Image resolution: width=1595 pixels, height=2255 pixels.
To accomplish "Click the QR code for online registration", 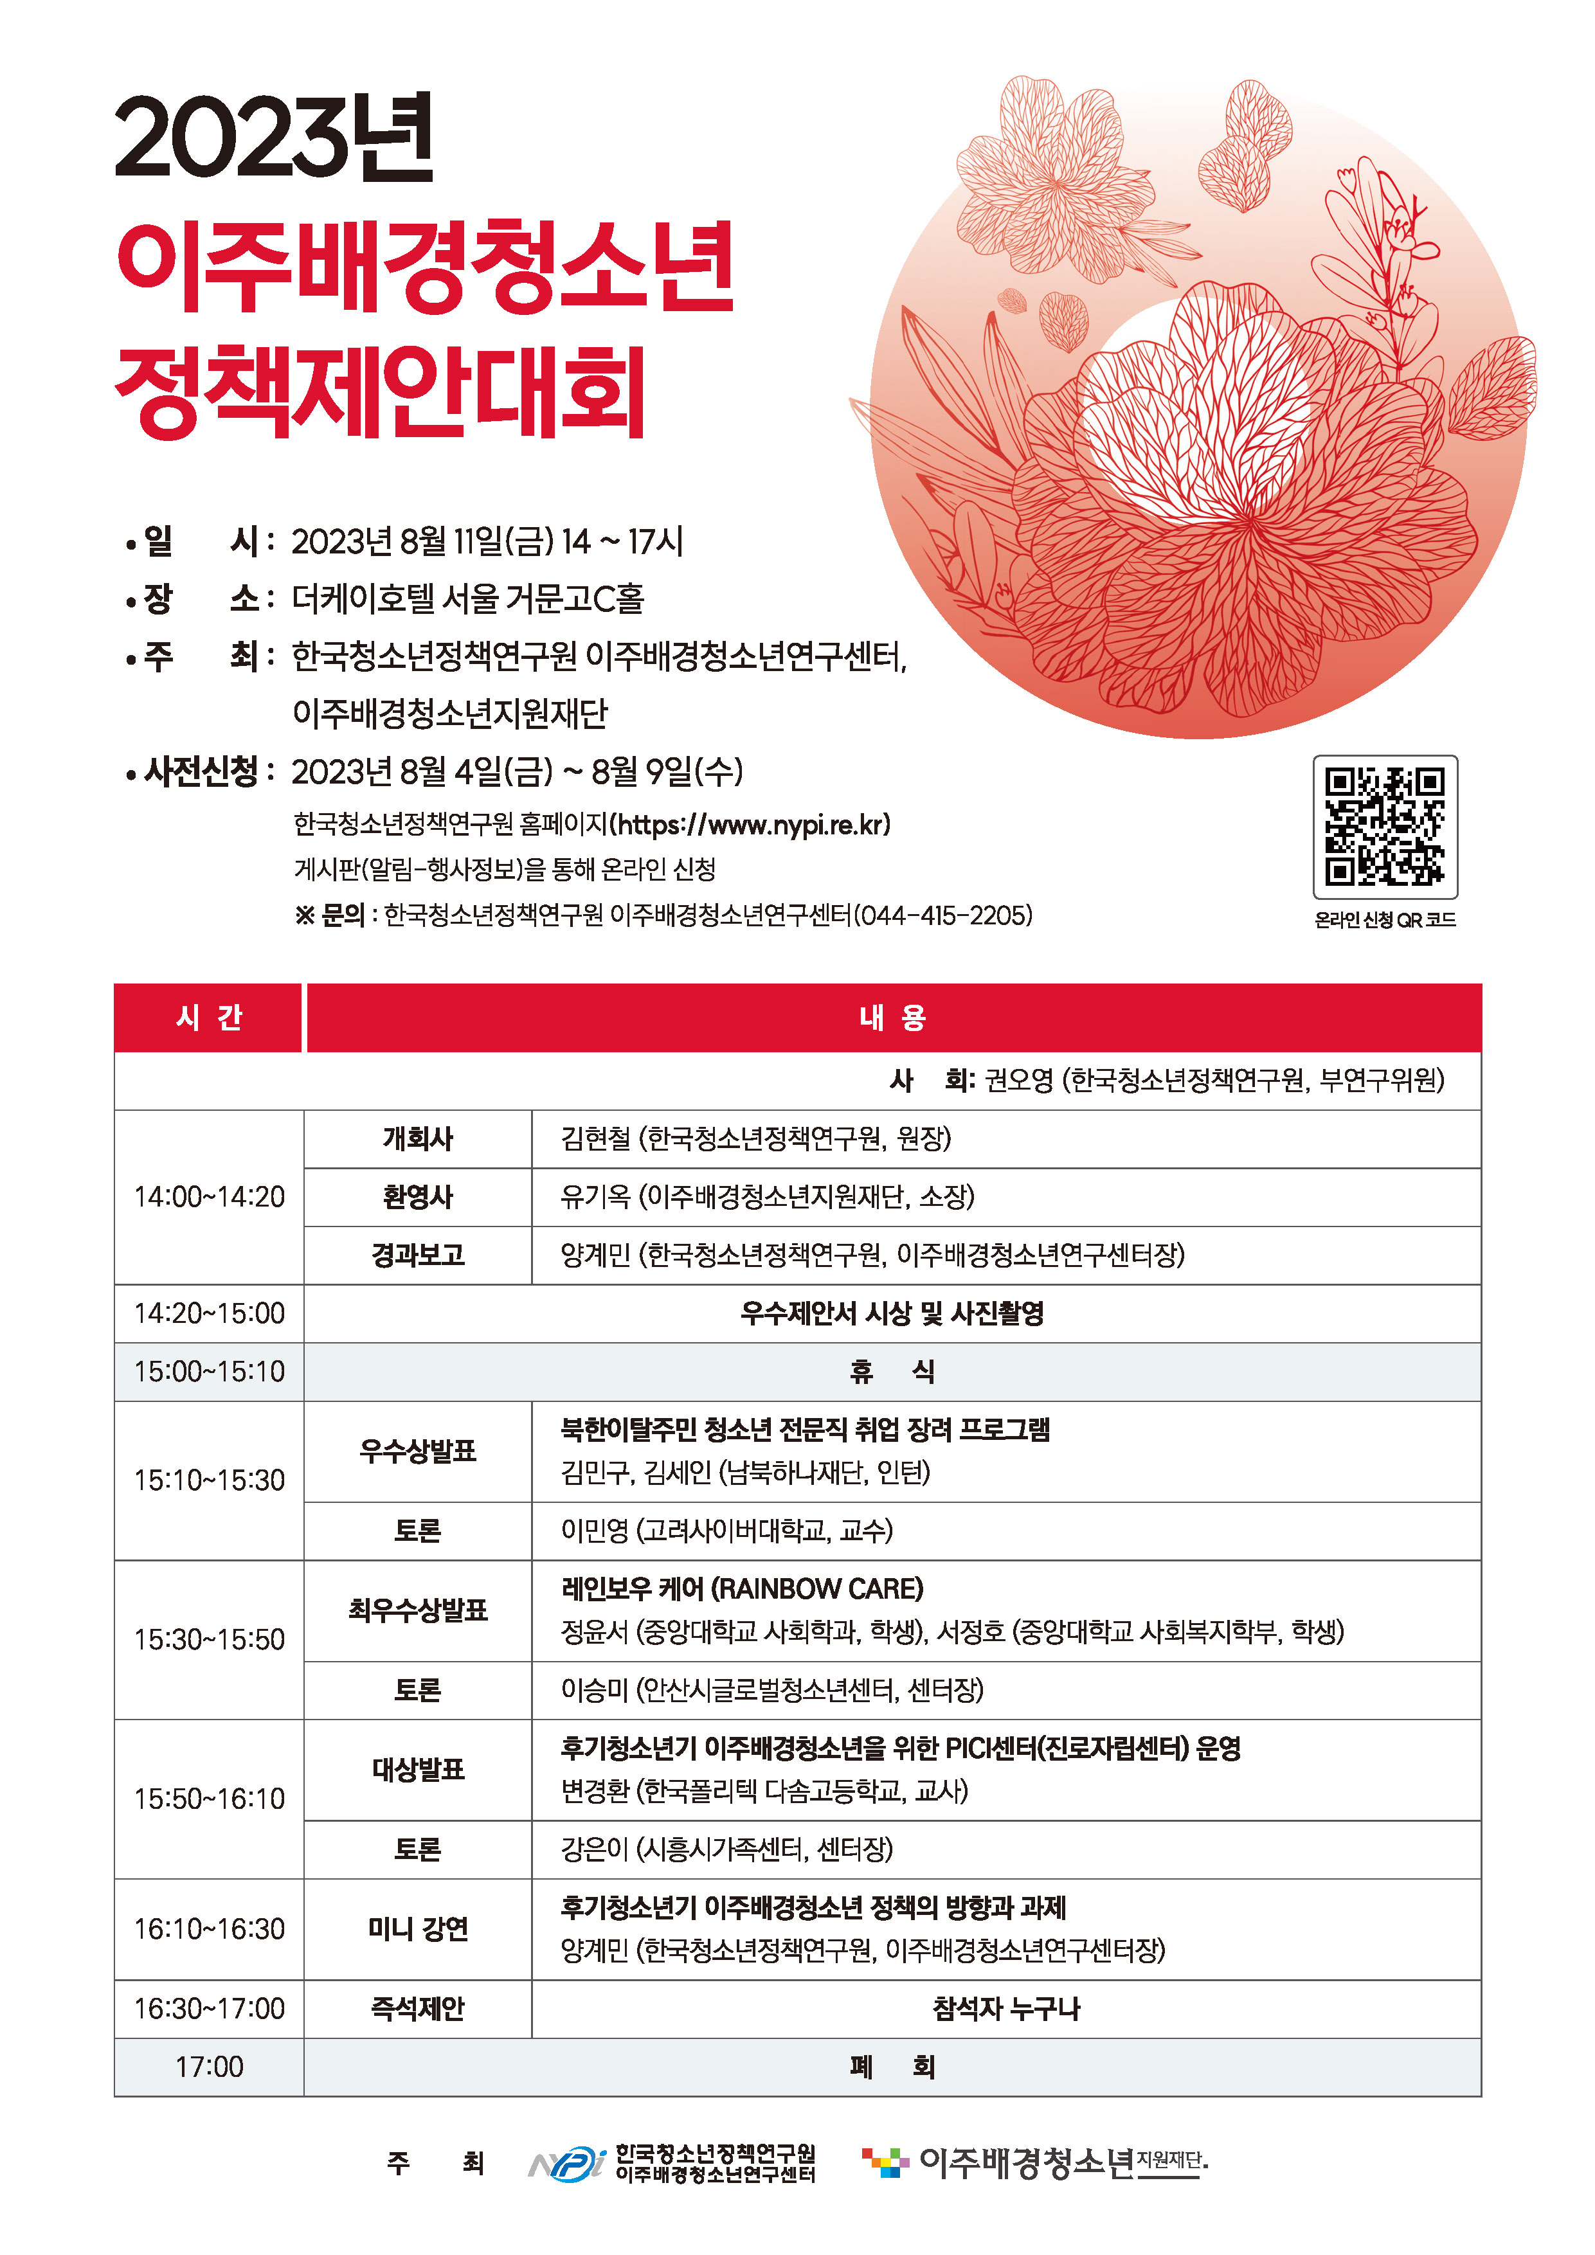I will point(1385,826).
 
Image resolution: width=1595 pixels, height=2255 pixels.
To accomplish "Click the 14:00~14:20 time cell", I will point(209,1196).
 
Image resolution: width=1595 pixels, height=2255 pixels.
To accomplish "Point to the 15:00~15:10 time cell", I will point(209,1371).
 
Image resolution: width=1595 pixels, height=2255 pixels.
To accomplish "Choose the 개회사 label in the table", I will point(417,1138).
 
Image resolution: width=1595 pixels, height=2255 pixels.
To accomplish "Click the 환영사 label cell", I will point(417,1196).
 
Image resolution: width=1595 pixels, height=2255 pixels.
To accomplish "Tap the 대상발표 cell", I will point(417,1769).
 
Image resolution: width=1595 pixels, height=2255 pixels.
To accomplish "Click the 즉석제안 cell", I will point(417,2009).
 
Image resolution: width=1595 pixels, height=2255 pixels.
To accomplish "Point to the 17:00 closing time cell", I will point(209,2067).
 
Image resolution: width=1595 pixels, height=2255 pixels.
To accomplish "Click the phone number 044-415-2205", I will point(944,915).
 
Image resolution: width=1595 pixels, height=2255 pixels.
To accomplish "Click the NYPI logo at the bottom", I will point(568,2162).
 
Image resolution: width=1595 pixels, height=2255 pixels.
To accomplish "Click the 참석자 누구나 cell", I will point(1005,2009).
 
